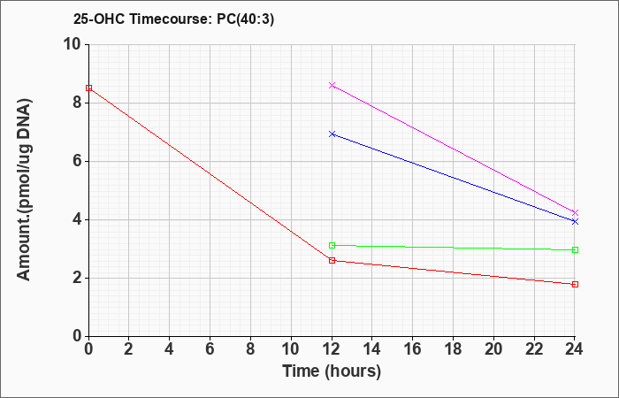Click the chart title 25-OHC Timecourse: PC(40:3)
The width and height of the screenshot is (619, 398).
(x=173, y=19)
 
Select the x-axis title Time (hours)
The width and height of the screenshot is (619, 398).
(x=332, y=371)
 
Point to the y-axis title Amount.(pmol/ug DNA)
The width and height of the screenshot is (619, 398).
(x=24, y=190)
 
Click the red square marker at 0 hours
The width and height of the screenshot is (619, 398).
(x=88, y=88)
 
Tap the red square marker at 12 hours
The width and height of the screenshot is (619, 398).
(x=332, y=261)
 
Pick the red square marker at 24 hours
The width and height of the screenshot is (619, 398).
(x=575, y=284)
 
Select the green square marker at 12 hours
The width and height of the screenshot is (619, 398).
(x=332, y=246)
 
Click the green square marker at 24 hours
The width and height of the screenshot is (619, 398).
(x=575, y=250)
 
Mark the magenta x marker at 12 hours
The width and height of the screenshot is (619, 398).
(x=332, y=85)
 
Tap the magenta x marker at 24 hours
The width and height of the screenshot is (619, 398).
(x=575, y=213)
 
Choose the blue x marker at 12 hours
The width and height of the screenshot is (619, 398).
(x=332, y=134)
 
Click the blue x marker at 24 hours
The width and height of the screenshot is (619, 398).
(x=575, y=221)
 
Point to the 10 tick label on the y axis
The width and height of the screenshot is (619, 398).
(x=72, y=44)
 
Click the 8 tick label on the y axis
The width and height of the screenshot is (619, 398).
(x=76, y=103)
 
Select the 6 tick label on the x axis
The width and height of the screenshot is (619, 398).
(x=210, y=349)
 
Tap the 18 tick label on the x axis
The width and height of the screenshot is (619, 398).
(x=453, y=349)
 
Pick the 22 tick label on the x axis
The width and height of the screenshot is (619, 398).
(x=534, y=349)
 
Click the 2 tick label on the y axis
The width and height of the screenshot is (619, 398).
(x=76, y=279)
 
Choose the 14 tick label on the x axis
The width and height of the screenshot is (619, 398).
(x=372, y=349)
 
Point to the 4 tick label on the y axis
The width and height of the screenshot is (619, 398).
(x=76, y=220)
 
